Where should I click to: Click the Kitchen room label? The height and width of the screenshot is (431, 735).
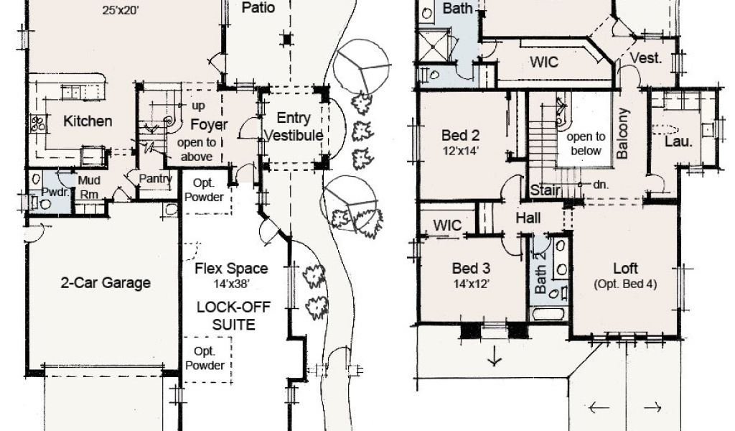[88, 121]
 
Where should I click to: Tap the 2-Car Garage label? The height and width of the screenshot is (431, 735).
[106, 283]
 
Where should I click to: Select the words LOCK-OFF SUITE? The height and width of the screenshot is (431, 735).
[233, 315]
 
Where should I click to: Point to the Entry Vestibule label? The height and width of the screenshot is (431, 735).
[294, 126]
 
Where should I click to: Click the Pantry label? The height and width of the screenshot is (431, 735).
[156, 179]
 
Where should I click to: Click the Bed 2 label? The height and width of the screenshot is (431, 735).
[460, 136]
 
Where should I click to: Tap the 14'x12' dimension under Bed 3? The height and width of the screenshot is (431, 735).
[471, 284]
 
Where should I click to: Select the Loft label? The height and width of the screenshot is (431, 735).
[625, 268]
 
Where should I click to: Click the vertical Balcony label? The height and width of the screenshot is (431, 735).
[622, 134]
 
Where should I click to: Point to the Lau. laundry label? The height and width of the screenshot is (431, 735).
[679, 142]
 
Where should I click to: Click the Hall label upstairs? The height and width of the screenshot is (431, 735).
[528, 218]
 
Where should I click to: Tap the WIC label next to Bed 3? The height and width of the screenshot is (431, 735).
[447, 225]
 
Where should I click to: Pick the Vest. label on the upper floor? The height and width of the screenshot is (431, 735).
[646, 58]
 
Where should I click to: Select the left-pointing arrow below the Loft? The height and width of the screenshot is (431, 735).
[599, 407]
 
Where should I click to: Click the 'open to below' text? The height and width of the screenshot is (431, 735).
[586, 144]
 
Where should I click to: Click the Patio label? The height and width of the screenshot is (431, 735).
[258, 7]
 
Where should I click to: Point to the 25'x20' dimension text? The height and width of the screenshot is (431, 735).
[121, 10]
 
